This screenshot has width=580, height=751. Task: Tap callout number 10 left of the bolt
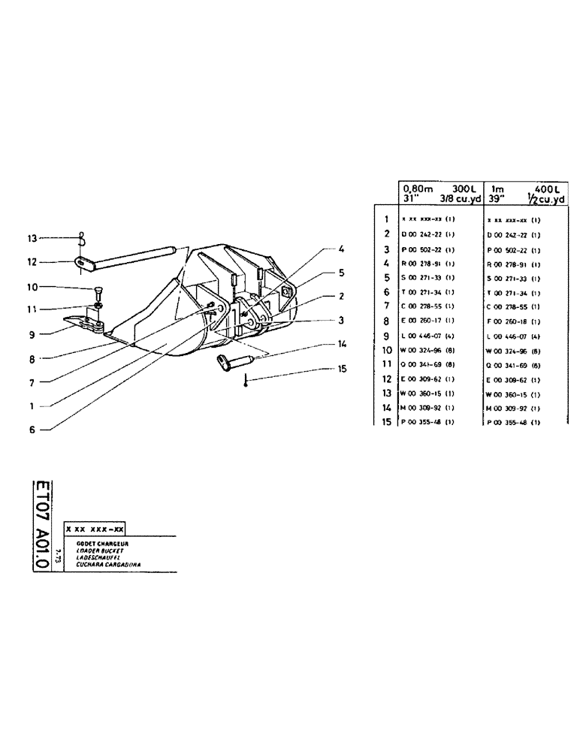[32, 287]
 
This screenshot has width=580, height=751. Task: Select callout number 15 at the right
[342, 369]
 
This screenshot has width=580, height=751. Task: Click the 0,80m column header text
[415, 189]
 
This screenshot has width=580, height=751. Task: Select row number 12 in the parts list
[385, 379]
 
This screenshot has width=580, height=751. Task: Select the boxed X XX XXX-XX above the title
[95, 528]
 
